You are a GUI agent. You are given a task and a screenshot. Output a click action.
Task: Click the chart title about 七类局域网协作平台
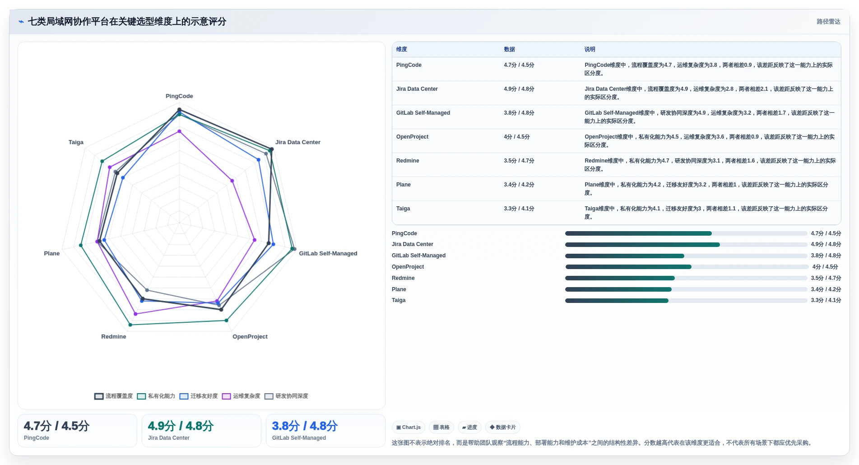point(127,22)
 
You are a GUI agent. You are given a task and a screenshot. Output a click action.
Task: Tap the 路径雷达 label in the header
point(828,22)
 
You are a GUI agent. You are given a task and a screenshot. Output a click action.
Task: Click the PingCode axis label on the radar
point(179,96)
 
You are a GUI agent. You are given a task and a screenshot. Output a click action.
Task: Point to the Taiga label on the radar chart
point(76,142)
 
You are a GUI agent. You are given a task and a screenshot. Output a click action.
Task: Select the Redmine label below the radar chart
point(114,337)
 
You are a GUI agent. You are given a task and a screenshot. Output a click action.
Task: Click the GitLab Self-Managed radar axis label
point(328,254)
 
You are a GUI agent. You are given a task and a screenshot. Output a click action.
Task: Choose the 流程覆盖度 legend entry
point(114,396)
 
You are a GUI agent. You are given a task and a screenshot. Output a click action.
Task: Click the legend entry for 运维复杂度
point(241,396)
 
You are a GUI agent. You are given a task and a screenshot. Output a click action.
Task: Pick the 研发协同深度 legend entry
point(286,396)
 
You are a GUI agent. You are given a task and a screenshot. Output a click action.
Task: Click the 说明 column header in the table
point(590,49)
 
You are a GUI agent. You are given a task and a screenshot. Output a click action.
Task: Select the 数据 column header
point(509,49)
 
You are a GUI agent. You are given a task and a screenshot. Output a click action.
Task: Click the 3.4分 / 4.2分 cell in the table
point(519,185)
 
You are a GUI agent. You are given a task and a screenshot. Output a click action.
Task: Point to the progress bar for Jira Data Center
point(686,245)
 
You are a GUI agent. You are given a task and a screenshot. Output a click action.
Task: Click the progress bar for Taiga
point(686,301)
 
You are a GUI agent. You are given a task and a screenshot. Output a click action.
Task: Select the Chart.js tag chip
point(409,428)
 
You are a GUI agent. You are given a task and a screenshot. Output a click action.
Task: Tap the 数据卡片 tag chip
point(503,428)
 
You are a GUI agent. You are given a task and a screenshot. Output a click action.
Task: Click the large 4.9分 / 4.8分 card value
point(181,426)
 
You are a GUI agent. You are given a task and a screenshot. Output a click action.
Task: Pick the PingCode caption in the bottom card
point(37,438)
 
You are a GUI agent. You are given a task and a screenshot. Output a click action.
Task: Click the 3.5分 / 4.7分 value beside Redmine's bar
point(826,278)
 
